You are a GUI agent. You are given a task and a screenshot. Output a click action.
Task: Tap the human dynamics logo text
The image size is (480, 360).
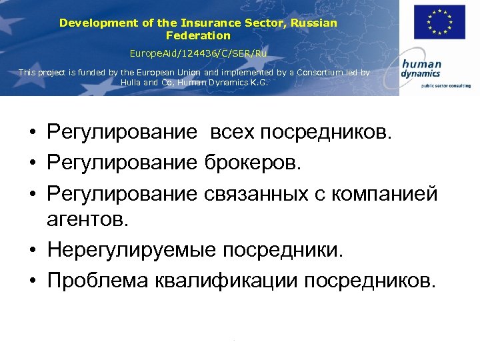tap(421, 69)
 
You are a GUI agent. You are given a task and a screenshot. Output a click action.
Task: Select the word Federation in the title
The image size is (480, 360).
tap(198, 35)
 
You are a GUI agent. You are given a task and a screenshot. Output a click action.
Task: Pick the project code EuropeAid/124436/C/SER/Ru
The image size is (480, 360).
tap(198, 52)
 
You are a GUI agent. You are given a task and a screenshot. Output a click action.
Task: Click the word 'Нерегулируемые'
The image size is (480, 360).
tap(132, 250)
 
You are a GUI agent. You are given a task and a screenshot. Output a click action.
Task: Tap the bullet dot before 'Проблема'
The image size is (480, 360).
tap(32, 281)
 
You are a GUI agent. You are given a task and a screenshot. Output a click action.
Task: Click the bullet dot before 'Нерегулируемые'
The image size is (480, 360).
tap(32, 251)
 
